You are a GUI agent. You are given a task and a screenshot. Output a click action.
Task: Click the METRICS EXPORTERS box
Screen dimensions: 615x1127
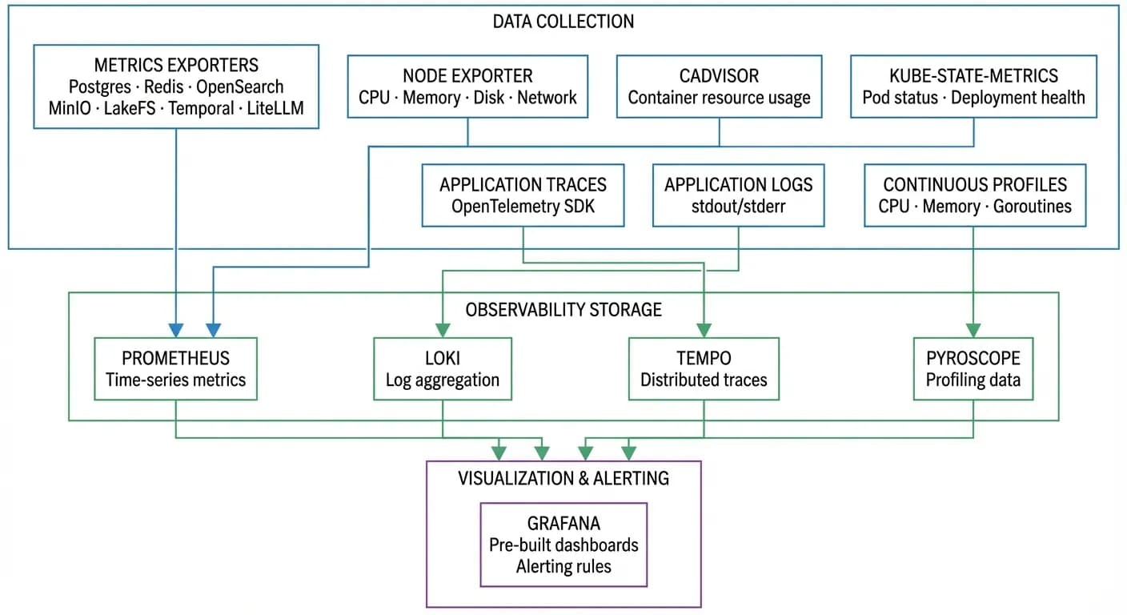point(176,86)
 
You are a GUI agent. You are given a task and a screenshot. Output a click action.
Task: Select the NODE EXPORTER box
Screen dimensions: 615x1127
point(467,86)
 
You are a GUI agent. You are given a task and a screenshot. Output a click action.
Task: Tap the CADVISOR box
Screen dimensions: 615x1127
point(719,86)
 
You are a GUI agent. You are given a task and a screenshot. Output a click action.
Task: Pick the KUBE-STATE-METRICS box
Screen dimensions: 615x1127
point(973,86)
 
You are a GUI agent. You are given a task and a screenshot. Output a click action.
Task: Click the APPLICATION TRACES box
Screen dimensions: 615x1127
point(523,195)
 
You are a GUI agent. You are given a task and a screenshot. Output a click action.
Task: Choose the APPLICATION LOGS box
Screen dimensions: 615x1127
point(738,195)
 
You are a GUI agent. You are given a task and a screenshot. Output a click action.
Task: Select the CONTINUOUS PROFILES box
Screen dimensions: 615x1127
point(974,195)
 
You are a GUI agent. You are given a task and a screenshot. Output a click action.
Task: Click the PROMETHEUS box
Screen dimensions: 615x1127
point(175,368)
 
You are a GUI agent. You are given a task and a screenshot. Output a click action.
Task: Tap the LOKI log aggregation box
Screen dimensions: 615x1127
point(443,368)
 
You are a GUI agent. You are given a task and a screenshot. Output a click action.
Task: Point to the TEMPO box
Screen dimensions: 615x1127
point(704,368)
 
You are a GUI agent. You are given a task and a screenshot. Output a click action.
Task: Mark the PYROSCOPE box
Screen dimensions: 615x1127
point(973,368)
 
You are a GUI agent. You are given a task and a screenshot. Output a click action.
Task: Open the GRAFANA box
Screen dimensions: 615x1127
point(563,545)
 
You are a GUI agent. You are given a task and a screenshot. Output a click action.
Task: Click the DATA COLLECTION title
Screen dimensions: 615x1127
point(563,22)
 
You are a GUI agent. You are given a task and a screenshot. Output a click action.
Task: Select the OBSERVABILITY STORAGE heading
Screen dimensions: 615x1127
point(563,309)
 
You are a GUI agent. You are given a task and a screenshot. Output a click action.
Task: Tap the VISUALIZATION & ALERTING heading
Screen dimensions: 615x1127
point(563,478)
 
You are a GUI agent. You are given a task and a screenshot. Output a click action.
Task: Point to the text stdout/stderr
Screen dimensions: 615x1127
point(738,206)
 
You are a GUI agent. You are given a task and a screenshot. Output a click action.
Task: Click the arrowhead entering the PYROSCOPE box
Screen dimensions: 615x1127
point(973,330)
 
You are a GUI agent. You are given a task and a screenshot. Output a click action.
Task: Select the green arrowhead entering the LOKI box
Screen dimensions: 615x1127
point(443,330)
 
